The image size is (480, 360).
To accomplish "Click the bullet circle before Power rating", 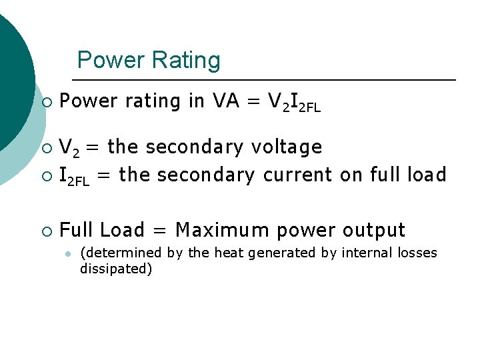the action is (46, 102).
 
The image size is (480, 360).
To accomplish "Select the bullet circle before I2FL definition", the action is (46, 175).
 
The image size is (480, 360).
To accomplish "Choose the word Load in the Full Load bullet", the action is (122, 230).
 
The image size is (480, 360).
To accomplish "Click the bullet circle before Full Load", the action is (46, 231).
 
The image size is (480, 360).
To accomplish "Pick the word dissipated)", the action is (116, 269).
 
